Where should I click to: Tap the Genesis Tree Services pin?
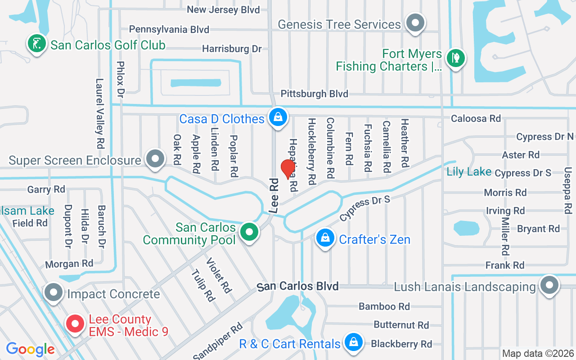tap(415, 23)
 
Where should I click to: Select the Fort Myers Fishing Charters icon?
tap(455, 58)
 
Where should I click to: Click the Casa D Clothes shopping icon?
tap(278, 117)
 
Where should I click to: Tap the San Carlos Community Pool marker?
tap(249, 233)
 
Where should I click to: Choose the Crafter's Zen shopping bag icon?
tap(325, 238)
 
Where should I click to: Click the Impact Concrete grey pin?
tap(54, 293)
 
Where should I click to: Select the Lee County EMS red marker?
tap(75, 324)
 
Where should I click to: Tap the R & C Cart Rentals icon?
tap(354, 343)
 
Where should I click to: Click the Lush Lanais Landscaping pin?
tap(549, 285)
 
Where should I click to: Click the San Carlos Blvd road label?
tap(297, 287)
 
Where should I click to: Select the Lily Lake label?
tap(469, 171)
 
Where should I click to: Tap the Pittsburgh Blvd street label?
tap(314, 94)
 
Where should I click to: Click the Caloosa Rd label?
tap(476, 118)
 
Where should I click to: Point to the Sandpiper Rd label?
tap(218, 341)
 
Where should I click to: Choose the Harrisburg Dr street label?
tap(232, 49)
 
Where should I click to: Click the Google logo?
tap(31, 349)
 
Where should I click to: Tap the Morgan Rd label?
tap(69, 264)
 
